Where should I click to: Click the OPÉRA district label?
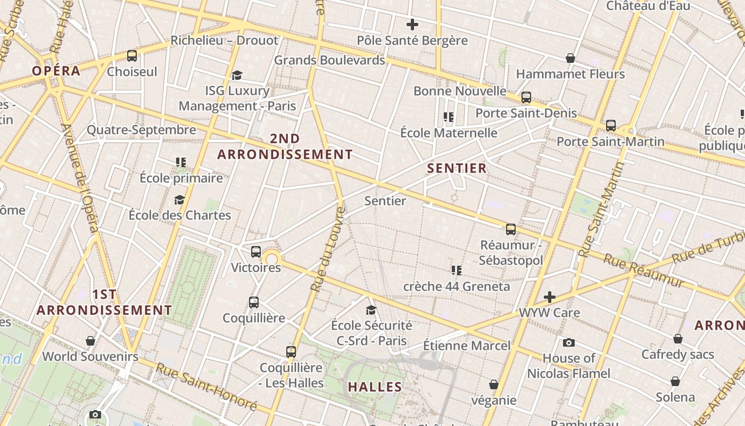(x=56, y=71)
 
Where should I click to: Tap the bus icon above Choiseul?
(x=132, y=56)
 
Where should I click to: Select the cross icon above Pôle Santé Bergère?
(x=412, y=24)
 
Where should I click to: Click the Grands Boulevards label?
(x=329, y=60)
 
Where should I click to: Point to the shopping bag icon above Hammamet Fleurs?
(x=570, y=58)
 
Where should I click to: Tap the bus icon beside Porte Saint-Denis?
(x=526, y=97)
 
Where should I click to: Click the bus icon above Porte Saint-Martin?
(x=611, y=126)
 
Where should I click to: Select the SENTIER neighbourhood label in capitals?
(x=457, y=168)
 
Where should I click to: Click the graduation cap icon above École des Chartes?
(x=180, y=200)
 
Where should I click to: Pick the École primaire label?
(x=181, y=178)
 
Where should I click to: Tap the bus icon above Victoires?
(x=256, y=252)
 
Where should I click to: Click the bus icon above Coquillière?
(x=254, y=302)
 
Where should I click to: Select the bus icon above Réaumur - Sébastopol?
(x=511, y=230)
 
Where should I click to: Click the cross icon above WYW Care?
(x=550, y=297)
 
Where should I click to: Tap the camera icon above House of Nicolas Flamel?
(x=569, y=342)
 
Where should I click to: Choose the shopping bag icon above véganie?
(x=494, y=384)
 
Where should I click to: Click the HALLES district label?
(x=375, y=387)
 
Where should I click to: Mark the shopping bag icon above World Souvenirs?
(x=90, y=341)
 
